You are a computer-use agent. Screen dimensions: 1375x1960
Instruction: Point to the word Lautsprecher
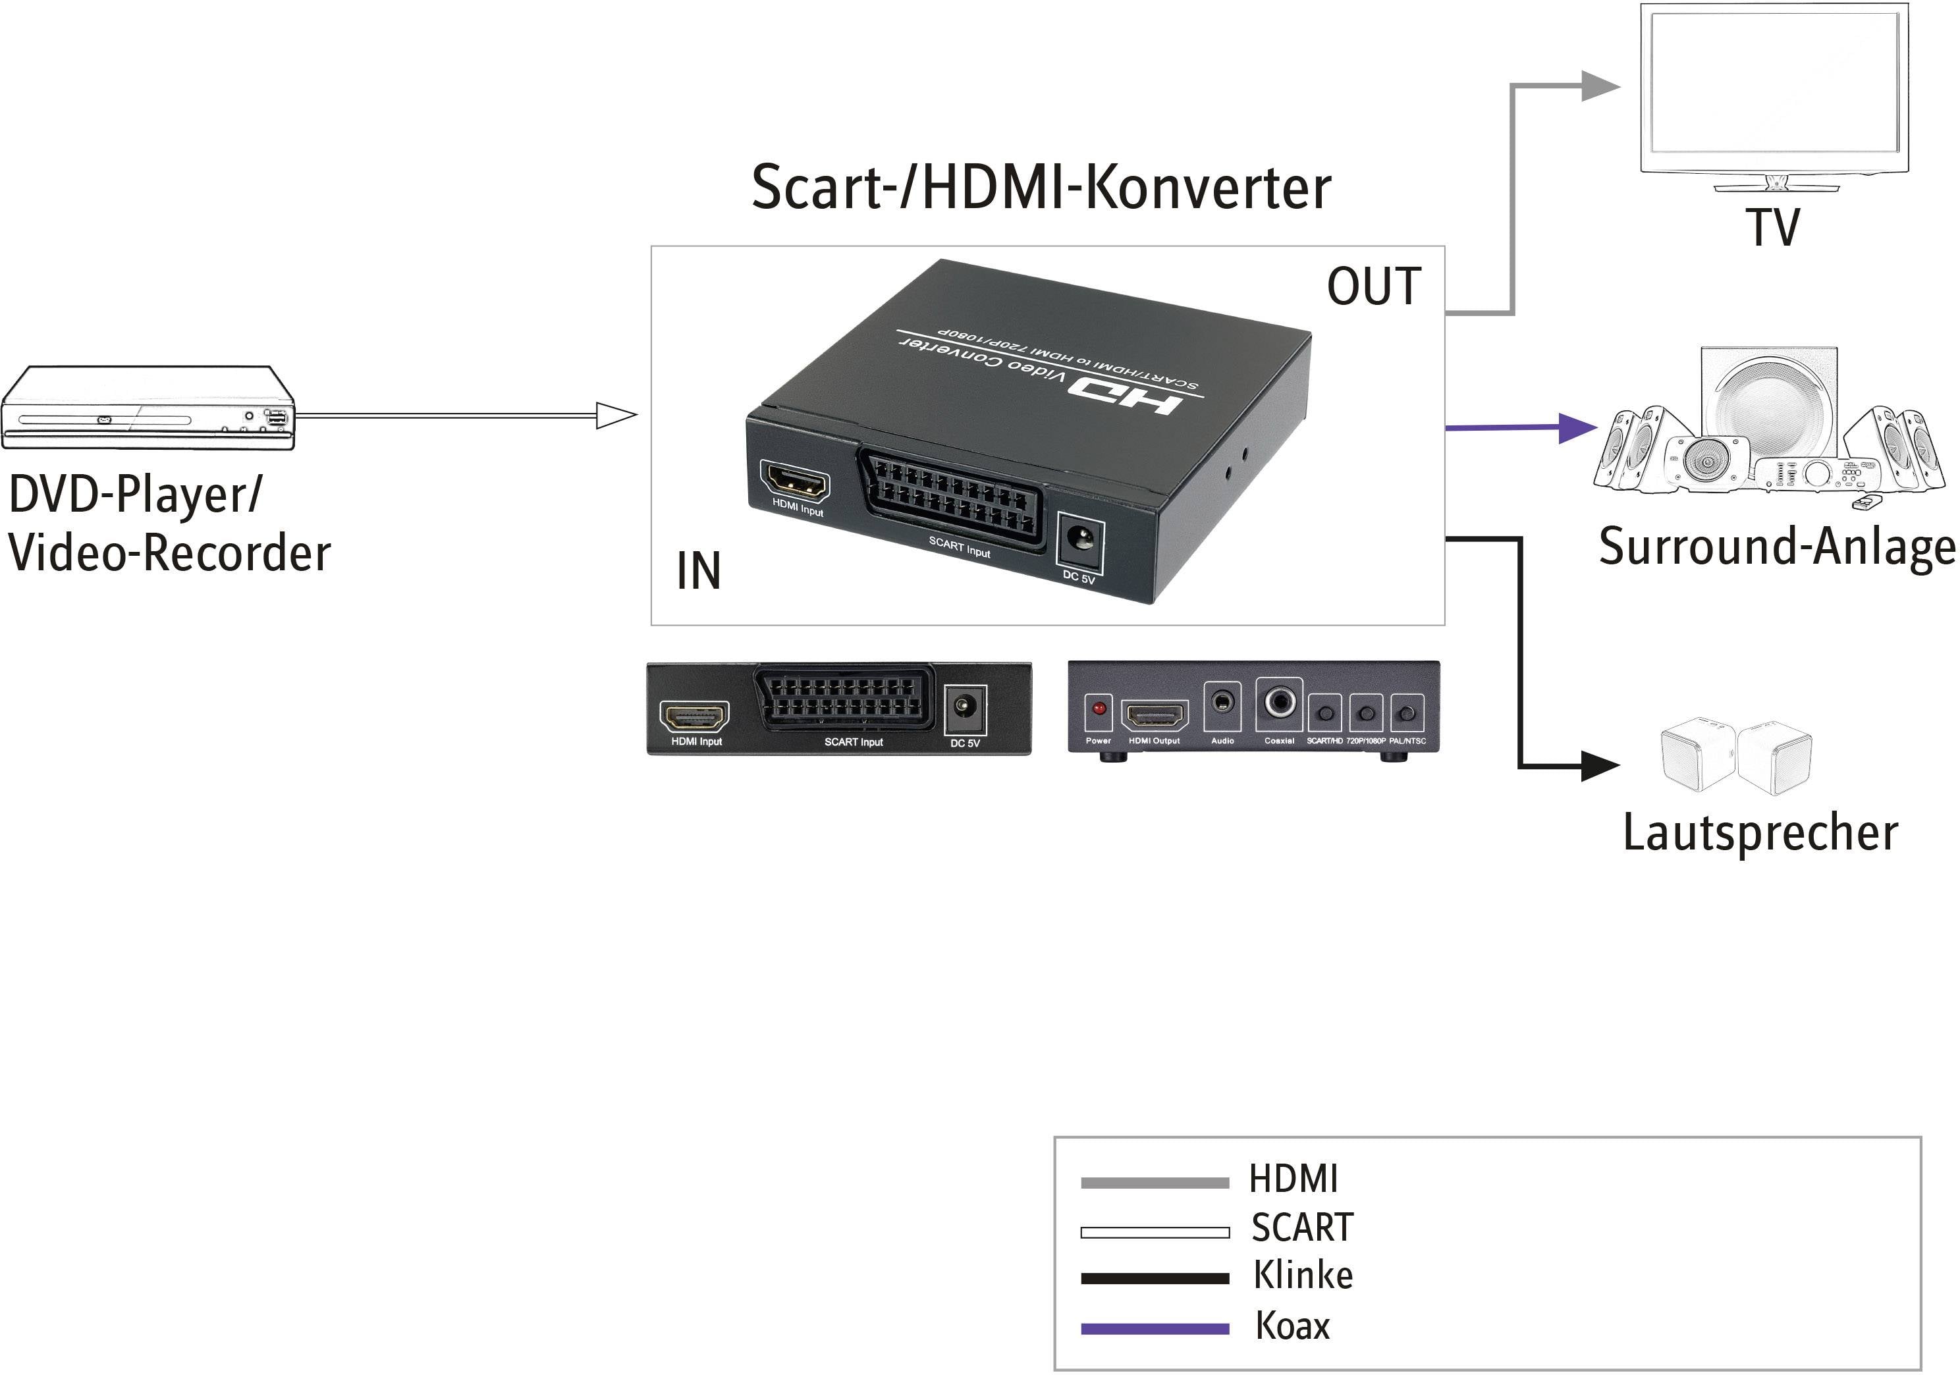click(x=1760, y=832)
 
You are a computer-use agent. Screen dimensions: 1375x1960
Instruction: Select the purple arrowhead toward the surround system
click(x=1577, y=427)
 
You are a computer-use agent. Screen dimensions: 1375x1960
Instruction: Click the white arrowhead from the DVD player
click(x=616, y=416)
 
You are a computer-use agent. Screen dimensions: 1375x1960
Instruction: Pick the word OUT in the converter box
click(x=1374, y=286)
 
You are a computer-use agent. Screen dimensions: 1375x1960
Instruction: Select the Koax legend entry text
click(x=1292, y=1326)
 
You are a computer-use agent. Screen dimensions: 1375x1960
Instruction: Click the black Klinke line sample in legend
click(x=1154, y=1278)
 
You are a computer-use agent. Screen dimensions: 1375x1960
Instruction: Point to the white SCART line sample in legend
click(x=1154, y=1231)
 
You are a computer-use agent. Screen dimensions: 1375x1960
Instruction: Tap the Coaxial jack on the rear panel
click(x=1279, y=703)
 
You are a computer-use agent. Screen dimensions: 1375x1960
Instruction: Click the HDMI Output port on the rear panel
click(x=1154, y=715)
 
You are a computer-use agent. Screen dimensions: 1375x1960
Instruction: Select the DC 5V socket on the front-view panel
click(x=965, y=707)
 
